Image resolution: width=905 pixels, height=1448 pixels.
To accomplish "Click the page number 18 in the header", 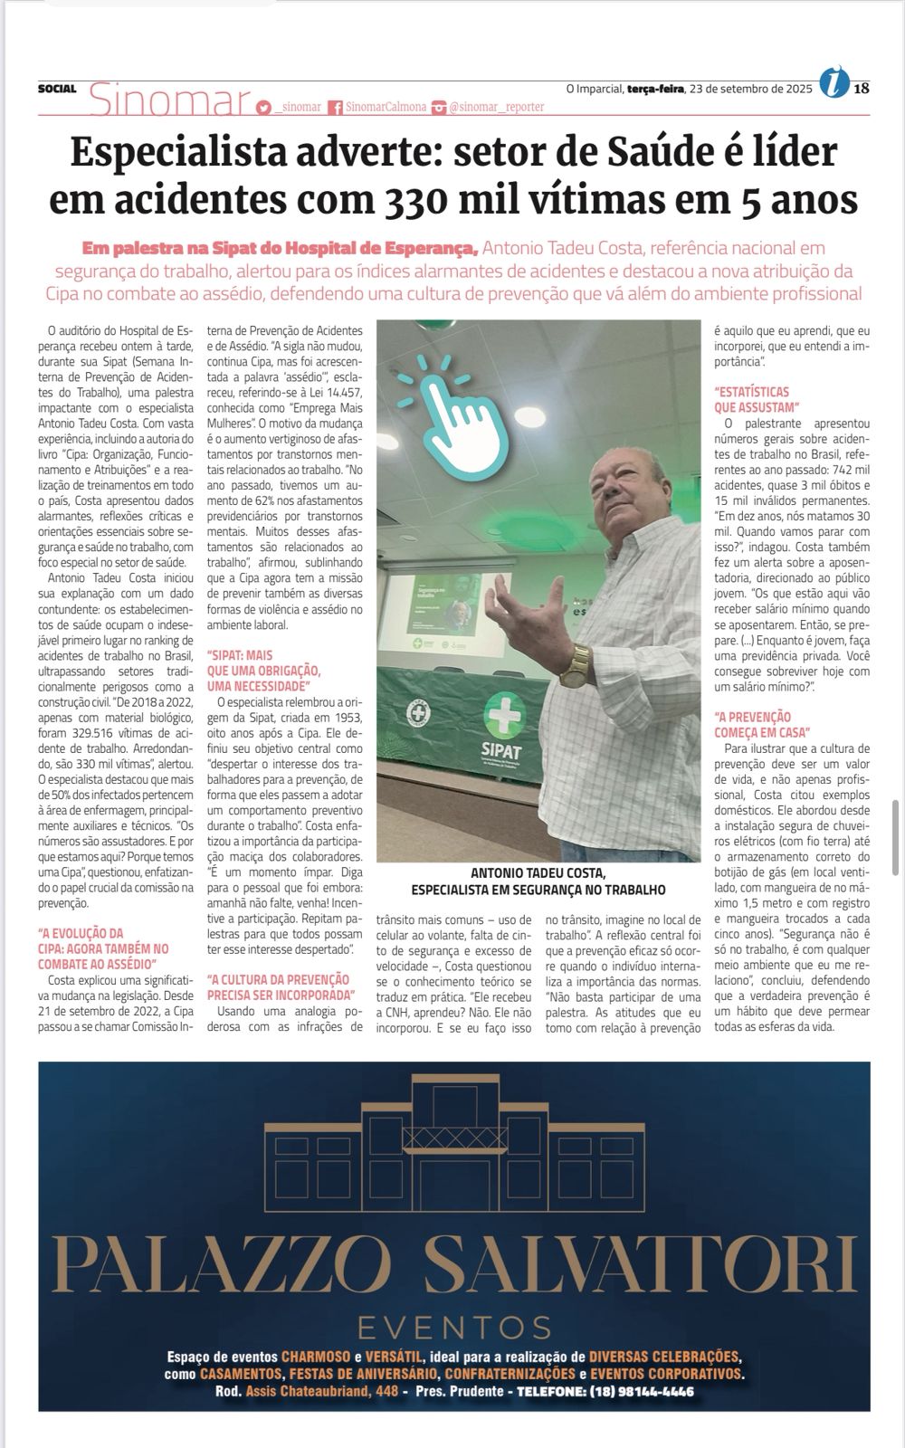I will point(861,88).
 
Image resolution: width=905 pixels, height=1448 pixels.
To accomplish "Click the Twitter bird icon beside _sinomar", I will point(263,107).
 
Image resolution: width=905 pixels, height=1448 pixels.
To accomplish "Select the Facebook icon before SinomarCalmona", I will point(335,107).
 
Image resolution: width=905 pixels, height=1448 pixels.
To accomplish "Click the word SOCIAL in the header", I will point(57,89).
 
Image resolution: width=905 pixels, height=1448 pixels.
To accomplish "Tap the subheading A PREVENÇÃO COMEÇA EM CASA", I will point(763,724).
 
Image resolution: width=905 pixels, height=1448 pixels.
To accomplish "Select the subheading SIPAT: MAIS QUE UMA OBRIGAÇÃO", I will point(263,662).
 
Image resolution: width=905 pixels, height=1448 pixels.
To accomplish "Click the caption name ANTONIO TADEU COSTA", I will point(538,873).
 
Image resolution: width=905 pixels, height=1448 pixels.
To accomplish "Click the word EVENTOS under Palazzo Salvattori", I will point(454,1327).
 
